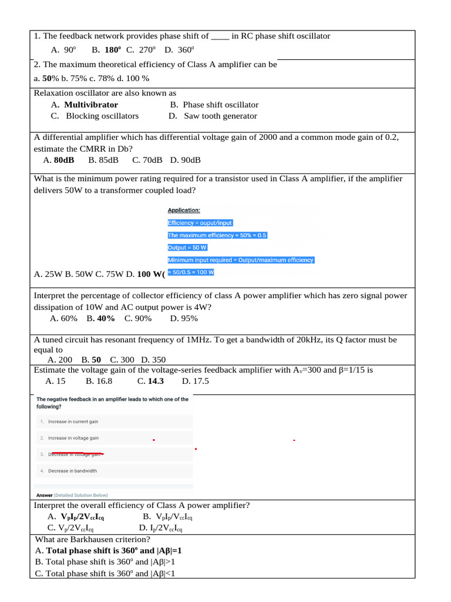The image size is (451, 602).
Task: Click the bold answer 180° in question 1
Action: click(113, 51)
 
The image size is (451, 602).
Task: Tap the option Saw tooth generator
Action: click(220, 116)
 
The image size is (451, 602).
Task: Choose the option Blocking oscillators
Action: click(102, 116)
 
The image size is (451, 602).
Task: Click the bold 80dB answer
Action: click(64, 159)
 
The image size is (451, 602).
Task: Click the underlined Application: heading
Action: click(184, 210)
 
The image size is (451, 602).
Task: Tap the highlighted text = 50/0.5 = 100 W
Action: click(191, 272)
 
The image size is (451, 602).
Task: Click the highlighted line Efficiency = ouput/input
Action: click(200, 223)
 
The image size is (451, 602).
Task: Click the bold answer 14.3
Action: click(156, 381)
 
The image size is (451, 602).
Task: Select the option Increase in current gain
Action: click(73, 422)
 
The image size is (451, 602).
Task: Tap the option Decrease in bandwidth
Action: click(73, 471)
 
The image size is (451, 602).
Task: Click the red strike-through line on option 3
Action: click(76, 454)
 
